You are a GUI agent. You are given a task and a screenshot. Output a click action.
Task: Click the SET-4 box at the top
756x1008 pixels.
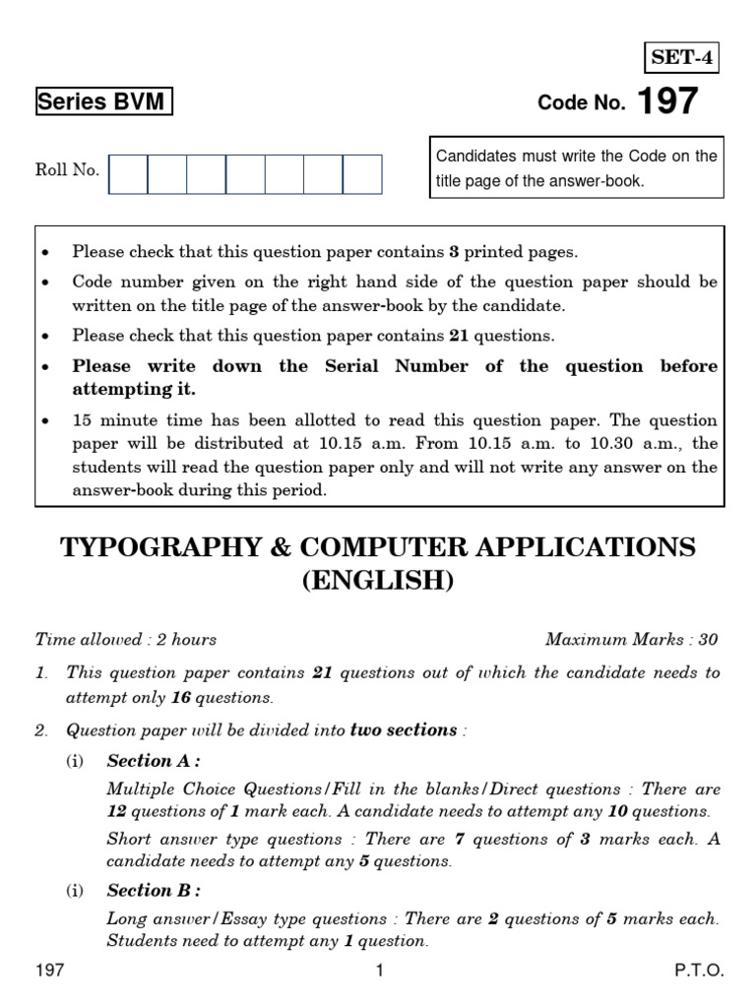tap(681, 59)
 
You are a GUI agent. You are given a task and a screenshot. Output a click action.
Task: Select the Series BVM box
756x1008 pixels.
tap(103, 102)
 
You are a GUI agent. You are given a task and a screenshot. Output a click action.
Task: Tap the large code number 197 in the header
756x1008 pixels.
tap(667, 101)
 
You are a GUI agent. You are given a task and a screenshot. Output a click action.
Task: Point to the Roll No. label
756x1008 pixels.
tap(67, 170)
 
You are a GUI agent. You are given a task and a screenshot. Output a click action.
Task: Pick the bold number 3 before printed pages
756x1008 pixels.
tap(455, 252)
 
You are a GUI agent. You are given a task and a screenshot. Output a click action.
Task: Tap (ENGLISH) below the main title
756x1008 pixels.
tap(378, 581)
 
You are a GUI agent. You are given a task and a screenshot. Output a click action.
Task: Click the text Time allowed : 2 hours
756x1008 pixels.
tap(126, 640)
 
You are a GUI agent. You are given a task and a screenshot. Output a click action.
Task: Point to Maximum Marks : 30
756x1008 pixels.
tap(631, 640)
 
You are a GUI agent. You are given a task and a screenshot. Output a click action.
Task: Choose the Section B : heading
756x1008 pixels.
tap(154, 891)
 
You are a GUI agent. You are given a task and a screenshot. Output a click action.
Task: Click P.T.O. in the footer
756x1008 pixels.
tap(699, 971)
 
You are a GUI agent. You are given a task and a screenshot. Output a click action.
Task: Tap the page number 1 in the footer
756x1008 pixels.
tap(378, 971)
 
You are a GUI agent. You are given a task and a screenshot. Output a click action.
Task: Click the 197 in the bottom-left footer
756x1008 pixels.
tap(50, 971)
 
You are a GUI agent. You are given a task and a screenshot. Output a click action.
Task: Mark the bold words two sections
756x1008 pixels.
tap(405, 730)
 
